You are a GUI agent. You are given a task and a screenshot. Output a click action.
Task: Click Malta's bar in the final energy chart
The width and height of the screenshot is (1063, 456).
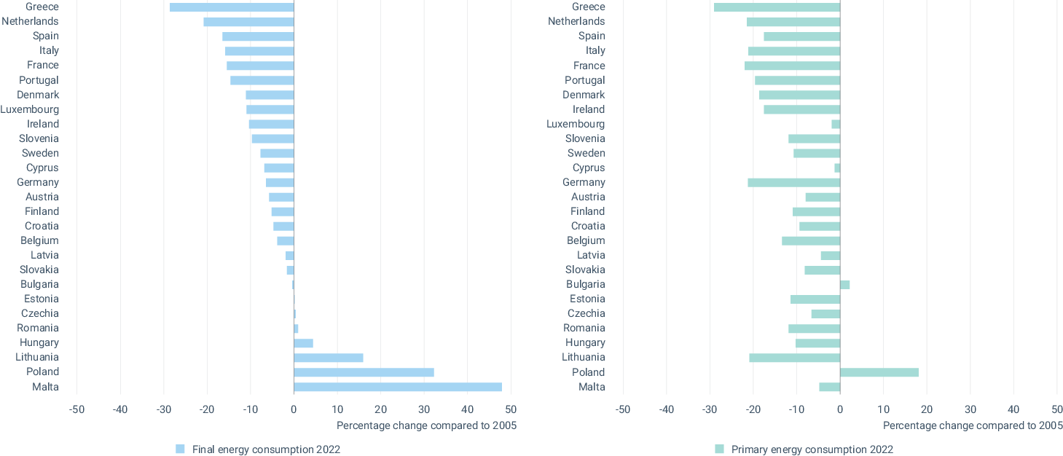point(397,387)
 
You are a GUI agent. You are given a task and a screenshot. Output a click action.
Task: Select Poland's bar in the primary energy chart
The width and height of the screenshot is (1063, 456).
point(879,372)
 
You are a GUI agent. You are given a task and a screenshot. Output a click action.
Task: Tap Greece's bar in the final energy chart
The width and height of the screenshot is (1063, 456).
point(232,7)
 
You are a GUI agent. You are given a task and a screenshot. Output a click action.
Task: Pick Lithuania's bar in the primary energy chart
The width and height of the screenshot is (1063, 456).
point(794,358)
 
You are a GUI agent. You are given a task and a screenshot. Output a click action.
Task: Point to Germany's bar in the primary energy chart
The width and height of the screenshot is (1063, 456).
point(793,182)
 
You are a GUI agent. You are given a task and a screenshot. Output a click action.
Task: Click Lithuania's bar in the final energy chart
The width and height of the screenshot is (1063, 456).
point(328,358)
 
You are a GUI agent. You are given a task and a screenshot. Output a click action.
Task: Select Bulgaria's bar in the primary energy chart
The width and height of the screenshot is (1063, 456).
point(844,285)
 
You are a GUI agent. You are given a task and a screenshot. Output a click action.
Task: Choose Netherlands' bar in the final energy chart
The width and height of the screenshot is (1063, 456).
point(248,22)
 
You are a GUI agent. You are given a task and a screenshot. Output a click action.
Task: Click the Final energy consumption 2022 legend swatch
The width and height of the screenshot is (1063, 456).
point(180,449)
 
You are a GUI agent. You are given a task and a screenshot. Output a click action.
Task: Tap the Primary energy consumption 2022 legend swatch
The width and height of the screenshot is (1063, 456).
point(719,449)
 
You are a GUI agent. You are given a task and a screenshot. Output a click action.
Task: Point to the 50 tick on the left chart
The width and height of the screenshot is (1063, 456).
point(511,409)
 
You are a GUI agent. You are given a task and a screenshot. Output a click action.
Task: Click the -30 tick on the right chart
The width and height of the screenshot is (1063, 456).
point(710,409)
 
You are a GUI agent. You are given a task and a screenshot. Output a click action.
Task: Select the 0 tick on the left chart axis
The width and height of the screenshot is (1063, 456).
point(294,409)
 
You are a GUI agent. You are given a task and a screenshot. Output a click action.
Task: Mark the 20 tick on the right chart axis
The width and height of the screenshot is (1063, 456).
point(927,409)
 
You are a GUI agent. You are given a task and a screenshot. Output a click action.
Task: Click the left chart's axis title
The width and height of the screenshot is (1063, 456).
point(426,425)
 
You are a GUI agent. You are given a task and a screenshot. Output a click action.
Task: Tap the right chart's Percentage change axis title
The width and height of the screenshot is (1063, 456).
point(973,425)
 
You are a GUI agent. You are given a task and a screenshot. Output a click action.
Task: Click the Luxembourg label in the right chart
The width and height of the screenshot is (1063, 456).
point(576,124)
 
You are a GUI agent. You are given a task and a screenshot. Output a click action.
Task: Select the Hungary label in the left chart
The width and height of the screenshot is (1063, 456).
point(39,342)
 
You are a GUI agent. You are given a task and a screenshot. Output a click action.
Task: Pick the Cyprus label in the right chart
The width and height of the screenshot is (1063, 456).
point(589,168)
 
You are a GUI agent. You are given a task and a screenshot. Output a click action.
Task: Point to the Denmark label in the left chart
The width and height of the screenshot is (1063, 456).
point(38,95)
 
